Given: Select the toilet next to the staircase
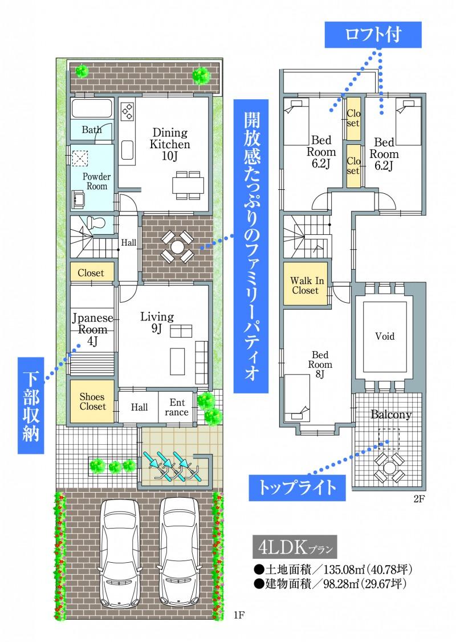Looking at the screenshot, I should pos(96,223).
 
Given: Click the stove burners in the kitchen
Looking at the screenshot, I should pos(127,110).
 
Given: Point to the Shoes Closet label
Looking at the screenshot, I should pos(92,401).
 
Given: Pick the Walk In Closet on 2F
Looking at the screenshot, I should pos(305,285).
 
